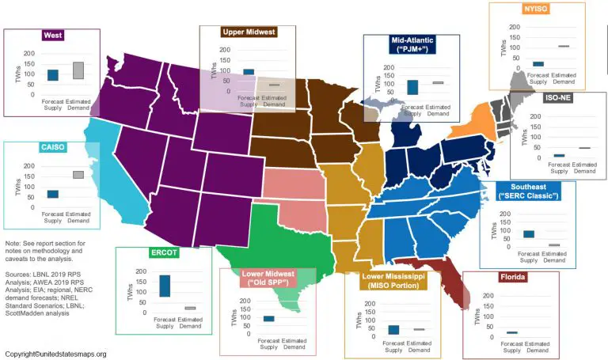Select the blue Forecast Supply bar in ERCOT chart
pos(165,286)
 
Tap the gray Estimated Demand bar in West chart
pos(78,70)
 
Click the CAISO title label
pos(53,148)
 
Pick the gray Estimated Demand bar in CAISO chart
pos(78,174)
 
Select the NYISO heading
pos(537,10)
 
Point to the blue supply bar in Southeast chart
pos(529,234)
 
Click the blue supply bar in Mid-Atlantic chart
pos(412,87)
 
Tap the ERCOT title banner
pos(165,254)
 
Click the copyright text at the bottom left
pos(55,354)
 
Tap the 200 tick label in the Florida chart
pos(488,296)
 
